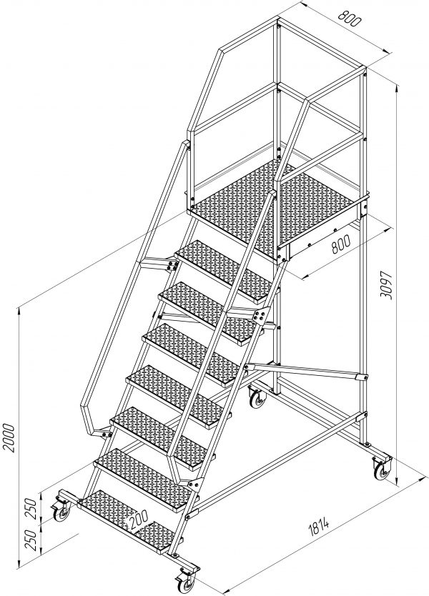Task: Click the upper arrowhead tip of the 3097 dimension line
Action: click(397, 85)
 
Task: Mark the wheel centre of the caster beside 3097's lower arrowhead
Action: click(380, 472)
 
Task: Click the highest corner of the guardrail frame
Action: click(278, 17)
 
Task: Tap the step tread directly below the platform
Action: click(225, 271)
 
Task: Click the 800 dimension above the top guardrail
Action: click(348, 19)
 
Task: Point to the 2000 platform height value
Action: click(9, 437)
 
